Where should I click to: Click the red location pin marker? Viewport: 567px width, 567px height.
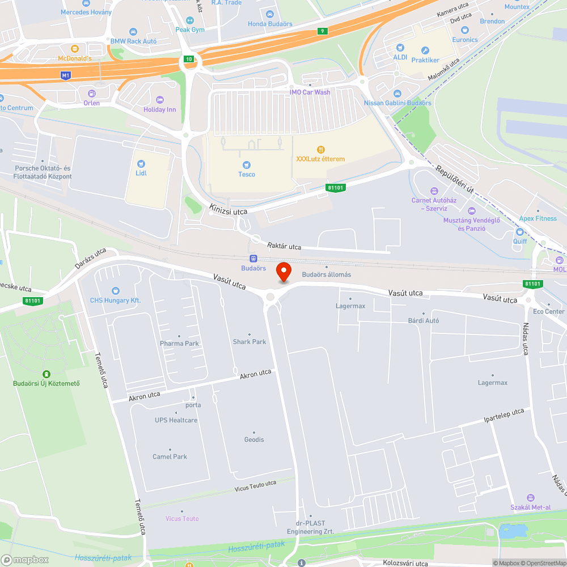(283, 272)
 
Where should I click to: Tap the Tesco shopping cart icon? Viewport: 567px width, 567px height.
(247, 163)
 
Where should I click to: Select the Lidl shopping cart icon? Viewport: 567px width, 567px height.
(141, 162)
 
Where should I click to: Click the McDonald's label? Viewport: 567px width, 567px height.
(75, 58)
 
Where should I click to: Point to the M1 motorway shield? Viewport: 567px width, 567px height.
(66, 75)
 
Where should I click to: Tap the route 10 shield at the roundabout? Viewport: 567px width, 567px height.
(189, 59)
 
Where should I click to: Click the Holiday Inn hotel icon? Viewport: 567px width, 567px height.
(159, 99)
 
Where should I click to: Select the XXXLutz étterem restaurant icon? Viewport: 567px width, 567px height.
(320, 149)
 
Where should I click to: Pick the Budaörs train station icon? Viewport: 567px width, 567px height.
(253, 257)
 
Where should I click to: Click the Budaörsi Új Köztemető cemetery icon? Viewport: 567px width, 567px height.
(46, 374)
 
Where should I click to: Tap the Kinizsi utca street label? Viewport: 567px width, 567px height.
(228, 209)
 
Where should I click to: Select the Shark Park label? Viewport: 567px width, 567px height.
(249, 342)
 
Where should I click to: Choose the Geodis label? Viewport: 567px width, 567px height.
(254, 439)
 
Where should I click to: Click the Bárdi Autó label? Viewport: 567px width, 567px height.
(424, 320)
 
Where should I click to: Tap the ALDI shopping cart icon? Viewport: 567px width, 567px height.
(400, 48)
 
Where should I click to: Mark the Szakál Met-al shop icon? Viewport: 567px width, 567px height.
(530, 497)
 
